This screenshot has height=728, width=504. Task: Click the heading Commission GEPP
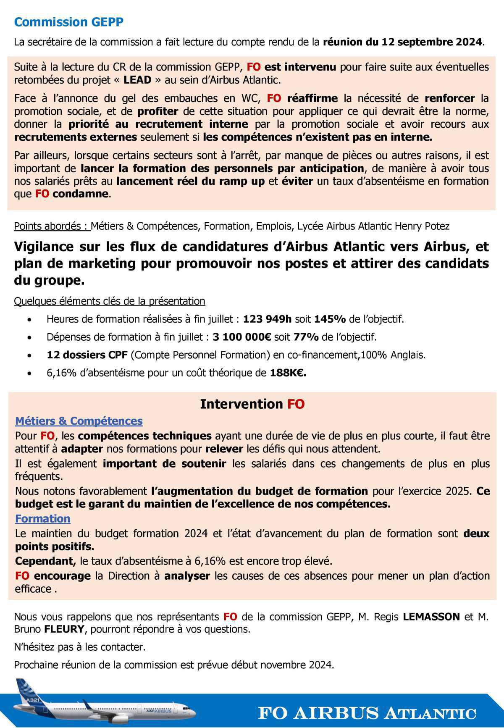click(69, 22)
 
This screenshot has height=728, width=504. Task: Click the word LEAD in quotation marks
click(137, 80)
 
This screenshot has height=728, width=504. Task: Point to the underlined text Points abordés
click(51, 226)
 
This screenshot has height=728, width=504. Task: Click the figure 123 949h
click(267, 319)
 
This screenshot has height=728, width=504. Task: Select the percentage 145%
click(330, 319)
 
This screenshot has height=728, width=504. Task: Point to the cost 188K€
click(288, 373)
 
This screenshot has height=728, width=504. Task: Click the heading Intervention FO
click(252, 404)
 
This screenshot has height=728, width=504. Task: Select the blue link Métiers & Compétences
click(79, 421)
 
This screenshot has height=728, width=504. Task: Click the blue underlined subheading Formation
click(42, 519)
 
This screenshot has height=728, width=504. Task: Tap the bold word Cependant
click(45, 561)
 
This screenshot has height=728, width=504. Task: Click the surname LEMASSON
click(431, 617)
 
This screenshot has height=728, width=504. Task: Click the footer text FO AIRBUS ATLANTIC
click(367, 713)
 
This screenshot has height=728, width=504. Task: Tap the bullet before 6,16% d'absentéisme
click(29, 373)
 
